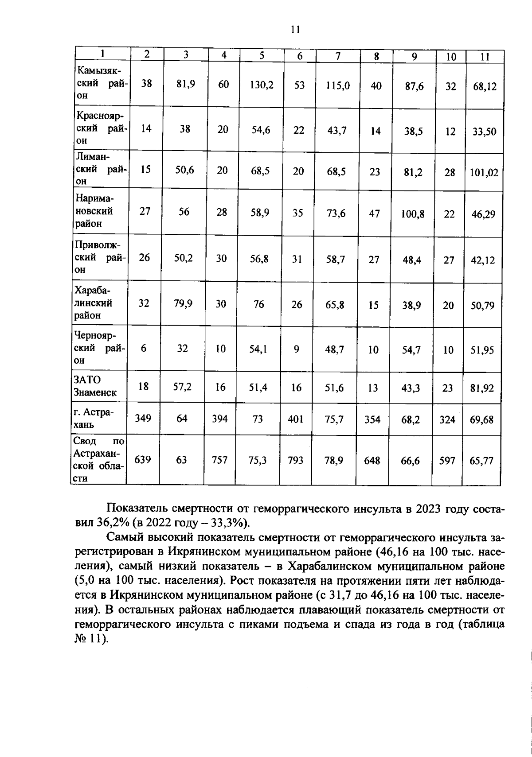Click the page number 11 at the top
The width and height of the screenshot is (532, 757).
(x=295, y=30)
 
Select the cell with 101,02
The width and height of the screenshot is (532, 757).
(x=484, y=173)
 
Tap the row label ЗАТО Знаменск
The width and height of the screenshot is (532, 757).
(x=95, y=386)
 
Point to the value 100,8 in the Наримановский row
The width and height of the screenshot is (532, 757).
(x=413, y=214)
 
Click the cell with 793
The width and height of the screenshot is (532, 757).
(x=295, y=461)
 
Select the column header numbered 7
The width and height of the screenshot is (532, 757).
(x=338, y=56)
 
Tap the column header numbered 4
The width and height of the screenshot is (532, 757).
(x=224, y=55)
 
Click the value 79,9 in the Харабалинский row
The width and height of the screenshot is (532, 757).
(x=183, y=303)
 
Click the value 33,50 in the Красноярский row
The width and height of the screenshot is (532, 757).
(x=484, y=132)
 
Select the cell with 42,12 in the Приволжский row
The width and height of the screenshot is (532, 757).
(x=483, y=260)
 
